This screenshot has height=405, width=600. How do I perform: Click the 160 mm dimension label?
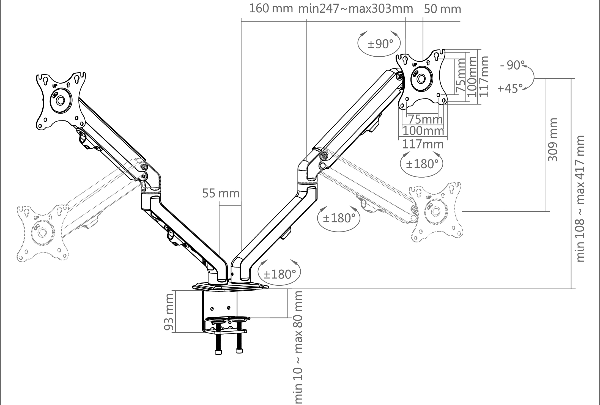(x=271, y=9)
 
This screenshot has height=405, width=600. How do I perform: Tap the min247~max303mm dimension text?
(x=355, y=9)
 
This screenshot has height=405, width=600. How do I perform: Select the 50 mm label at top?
(x=442, y=9)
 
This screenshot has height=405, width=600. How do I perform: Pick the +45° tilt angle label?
(x=510, y=89)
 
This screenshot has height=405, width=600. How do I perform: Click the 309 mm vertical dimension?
(x=552, y=139)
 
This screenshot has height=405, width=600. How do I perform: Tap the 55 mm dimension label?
(x=221, y=194)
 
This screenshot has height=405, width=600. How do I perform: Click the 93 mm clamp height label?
(x=169, y=312)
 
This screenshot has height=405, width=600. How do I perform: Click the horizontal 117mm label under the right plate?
(x=423, y=144)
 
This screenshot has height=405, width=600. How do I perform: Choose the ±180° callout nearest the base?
(x=280, y=274)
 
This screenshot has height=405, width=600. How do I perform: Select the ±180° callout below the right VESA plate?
(x=422, y=164)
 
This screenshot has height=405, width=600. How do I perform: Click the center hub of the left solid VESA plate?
(x=60, y=100)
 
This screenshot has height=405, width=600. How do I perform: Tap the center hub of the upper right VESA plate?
(x=421, y=79)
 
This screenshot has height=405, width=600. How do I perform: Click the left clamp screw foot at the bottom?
(x=218, y=352)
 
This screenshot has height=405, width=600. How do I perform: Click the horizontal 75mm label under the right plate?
(x=425, y=120)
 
